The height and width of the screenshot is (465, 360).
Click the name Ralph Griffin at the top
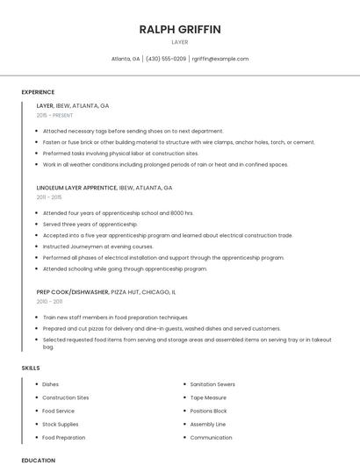click(180, 29)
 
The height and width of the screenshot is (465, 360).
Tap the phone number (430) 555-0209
click(166, 59)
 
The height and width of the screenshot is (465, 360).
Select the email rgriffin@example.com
click(220, 59)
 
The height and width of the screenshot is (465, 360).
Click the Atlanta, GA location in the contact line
click(126, 59)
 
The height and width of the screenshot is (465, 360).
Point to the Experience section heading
click(38, 92)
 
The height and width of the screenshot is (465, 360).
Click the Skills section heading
click(31, 368)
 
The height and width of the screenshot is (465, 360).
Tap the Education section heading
click(38, 460)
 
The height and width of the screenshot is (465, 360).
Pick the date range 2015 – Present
click(55, 115)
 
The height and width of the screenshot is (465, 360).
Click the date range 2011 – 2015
click(49, 197)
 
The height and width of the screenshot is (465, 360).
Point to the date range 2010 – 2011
click(49, 301)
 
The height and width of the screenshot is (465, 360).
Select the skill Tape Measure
click(208, 397)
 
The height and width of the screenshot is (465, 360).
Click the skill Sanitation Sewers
click(212, 384)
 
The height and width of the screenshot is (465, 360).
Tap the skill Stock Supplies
click(61, 424)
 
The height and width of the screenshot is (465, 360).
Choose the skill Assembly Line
click(207, 424)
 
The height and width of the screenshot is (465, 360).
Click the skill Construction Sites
click(65, 397)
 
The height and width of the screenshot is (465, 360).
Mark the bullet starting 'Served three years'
click(90, 224)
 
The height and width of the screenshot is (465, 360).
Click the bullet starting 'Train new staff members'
click(115, 317)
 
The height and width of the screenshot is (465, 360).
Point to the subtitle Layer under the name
click(180, 41)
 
